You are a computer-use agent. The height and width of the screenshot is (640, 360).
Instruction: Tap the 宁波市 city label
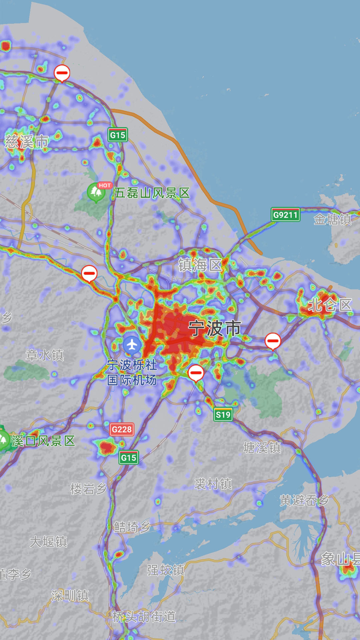(x=215, y=328)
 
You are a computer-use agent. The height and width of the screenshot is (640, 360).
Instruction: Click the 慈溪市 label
(x=27, y=142)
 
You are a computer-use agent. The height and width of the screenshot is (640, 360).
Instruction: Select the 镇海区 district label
(x=200, y=265)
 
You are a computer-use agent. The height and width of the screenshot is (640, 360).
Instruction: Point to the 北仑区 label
(x=330, y=305)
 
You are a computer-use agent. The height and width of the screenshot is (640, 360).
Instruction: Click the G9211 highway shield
(x=285, y=215)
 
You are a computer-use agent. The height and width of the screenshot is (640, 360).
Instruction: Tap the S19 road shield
(x=223, y=415)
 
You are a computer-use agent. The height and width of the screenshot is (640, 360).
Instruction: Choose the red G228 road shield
(x=122, y=429)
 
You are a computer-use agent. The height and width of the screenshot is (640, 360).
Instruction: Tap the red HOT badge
(x=104, y=185)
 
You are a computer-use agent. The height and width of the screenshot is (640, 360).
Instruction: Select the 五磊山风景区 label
(x=152, y=193)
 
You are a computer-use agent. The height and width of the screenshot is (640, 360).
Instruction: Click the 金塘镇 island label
(x=332, y=219)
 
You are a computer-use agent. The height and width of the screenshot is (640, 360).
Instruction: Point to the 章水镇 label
(x=45, y=355)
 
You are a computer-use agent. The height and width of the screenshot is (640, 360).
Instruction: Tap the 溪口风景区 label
(x=43, y=441)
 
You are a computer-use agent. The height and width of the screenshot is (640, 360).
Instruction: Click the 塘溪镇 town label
(x=262, y=448)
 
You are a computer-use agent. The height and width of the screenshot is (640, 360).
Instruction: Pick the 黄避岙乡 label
(x=304, y=500)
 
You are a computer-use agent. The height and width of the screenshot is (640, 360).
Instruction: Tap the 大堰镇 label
(x=48, y=542)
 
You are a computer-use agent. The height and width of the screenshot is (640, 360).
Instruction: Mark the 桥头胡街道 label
(x=144, y=617)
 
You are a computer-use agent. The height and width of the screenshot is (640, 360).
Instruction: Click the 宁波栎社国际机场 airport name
(x=132, y=372)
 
